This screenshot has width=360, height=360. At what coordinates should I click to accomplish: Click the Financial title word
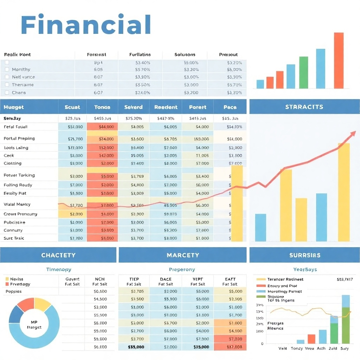click(86, 25)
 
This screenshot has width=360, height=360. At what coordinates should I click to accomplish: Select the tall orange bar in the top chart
click(339, 60)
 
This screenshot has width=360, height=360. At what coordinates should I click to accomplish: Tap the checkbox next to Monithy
click(7, 69)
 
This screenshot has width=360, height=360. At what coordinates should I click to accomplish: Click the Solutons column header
click(185, 54)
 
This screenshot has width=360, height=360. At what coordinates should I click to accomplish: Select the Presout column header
click(228, 54)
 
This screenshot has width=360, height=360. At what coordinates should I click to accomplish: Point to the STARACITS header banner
click(304, 107)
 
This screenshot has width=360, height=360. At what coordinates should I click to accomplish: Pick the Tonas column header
click(102, 107)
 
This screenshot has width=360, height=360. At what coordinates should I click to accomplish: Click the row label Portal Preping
click(19, 139)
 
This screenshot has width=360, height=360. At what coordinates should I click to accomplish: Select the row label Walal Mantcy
click(17, 204)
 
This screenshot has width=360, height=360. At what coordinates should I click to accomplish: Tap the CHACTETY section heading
click(58, 255)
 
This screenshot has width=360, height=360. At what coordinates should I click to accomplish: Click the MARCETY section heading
click(182, 255)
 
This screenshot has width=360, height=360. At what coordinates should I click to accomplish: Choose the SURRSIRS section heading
click(304, 255)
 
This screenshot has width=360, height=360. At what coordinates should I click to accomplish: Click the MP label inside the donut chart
click(34, 322)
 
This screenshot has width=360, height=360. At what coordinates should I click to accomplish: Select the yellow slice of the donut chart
click(42, 304)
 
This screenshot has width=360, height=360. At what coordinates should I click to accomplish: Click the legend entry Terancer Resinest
click(285, 279)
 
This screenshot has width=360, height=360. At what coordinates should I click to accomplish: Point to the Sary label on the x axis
click(345, 348)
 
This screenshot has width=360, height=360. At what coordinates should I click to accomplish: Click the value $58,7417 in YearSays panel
click(345, 279)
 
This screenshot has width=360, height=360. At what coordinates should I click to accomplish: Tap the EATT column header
click(230, 279)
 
